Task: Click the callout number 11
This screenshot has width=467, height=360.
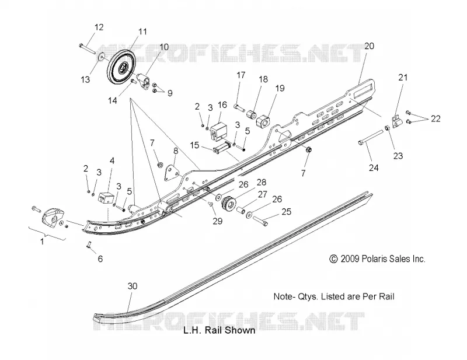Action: pyautogui.click(x=142, y=32)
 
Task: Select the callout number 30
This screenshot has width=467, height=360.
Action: pyautogui.click(x=133, y=286)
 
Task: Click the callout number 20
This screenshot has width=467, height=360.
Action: pyautogui.click(x=369, y=46)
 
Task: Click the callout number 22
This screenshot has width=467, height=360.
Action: pyautogui.click(x=435, y=118)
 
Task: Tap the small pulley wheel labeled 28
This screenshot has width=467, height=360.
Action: pyautogui.click(x=228, y=204)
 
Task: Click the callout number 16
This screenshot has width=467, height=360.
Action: pyautogui.click(x=222, y=105)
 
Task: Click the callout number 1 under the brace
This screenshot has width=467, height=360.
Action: pyautogui.click(x=42, y=241)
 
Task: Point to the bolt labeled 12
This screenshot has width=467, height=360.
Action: pyautogui.click(x=87, y=49)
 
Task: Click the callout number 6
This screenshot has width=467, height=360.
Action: pyautogui.click(x=100, y=258)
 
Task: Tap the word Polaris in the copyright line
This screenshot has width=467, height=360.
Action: pyautogui.click(x=376, y=258)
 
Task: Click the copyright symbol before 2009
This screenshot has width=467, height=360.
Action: pyautogui.click(x=333, y=258)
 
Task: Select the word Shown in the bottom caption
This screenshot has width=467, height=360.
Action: pyautogui.click(x=240, y=330)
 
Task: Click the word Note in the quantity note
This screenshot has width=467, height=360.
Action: pyautogui.click(x=283, y=296)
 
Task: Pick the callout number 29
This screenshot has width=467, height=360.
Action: pyautogui.click(x=218, y=221)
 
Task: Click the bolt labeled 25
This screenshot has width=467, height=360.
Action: pyautogui.click(x=260, y=221)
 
